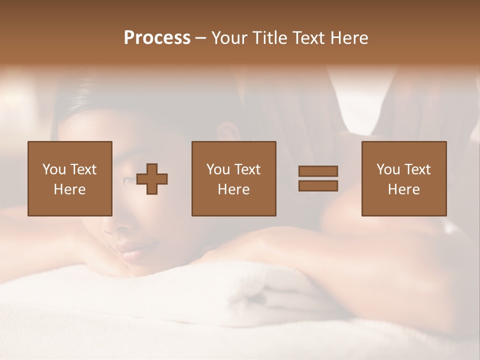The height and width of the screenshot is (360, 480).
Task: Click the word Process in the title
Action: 157,38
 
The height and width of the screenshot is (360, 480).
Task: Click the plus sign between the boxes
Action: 152,179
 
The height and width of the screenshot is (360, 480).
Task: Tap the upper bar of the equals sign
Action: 318,171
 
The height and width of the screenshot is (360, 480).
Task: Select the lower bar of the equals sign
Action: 318,185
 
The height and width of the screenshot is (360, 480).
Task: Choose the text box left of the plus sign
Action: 69,178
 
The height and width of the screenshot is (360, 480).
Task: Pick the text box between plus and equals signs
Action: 233,178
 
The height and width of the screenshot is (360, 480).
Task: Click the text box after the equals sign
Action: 403,178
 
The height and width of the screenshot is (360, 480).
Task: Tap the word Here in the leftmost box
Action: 69,189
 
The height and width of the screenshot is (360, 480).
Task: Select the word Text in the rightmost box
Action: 417,169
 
